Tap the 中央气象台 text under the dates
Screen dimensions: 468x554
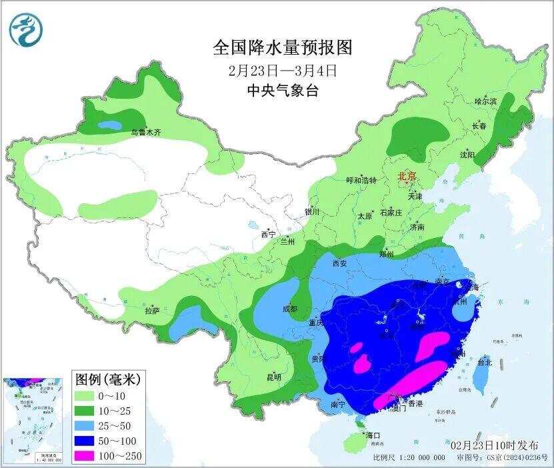click(x=282, y=91)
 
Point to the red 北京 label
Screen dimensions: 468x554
click(x=407, y=177)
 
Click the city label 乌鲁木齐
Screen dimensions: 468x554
click(x=145, y=133)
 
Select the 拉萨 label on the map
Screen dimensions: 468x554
click(x=152, y=311)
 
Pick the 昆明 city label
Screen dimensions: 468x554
click(x=273, y=377)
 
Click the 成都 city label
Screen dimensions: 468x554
click(x=289, y=309)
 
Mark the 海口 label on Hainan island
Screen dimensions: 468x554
click(x=373, y=435)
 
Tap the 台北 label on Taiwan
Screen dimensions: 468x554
click(x=485, y=363)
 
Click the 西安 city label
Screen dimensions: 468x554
click(x=339, y=263)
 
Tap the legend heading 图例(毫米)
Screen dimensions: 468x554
click(x=106, y=379)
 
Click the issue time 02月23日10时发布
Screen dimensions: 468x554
click(x=494, y=444)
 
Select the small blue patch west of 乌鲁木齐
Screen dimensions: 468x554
click(x=110, y=125)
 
